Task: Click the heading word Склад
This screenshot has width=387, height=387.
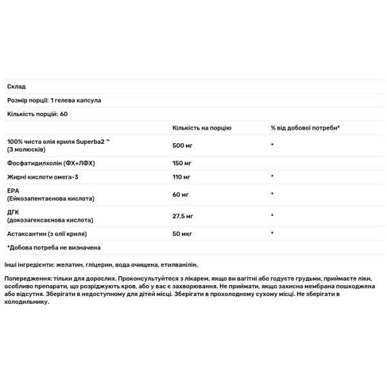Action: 16,86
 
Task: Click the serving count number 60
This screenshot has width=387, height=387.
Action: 64,114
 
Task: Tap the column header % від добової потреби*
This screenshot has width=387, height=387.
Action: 305,128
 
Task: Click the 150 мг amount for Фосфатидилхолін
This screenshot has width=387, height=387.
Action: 182,163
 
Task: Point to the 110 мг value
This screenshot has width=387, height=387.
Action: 181,176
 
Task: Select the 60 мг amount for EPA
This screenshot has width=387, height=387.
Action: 180,193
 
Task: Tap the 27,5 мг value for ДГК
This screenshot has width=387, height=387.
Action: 183,215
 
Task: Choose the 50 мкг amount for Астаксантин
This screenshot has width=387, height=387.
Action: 183,233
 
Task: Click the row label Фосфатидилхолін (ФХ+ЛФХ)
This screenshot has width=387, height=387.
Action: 51,163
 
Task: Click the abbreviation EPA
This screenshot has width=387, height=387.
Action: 13,190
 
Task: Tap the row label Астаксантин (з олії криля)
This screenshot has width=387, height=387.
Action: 47,233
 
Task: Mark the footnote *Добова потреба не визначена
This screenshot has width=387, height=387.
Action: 54,247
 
